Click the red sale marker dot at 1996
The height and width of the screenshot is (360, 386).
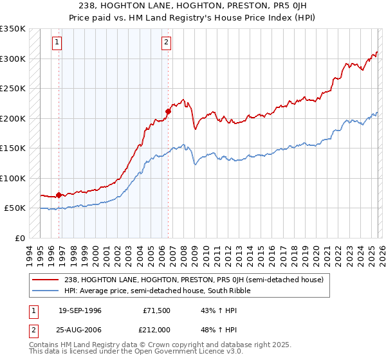pos(59,195)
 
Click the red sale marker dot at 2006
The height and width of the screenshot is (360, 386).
pos(168,111)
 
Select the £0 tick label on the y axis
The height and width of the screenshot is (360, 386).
pos(19,239)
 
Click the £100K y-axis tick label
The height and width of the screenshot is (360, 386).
pos(13,178)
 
